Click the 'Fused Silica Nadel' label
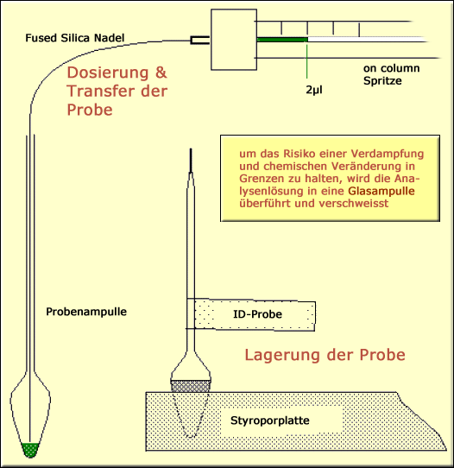coord(75,38)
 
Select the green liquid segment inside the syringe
coord(283,39)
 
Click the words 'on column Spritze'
coord(395,74)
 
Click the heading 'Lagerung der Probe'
coord(325,355)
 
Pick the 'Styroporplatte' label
coord(268,421)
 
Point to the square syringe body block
coord(234,39)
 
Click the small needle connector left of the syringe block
coord(200,39)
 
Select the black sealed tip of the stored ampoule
coord(189,160)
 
